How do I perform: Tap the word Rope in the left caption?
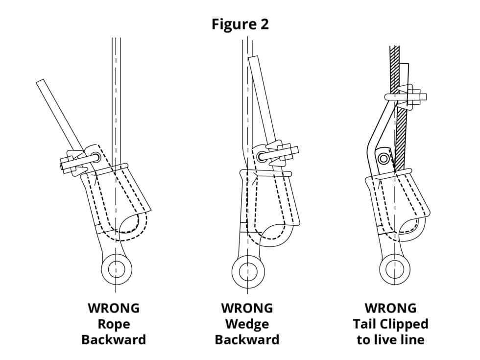click(x=114, y=324)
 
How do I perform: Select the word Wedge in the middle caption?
click(x=247, y=324)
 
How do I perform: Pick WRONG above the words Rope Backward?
click(x=114, y=308)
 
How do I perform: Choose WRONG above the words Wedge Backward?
click(x=247, y=308)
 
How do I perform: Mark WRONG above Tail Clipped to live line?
click(x=390, y=308)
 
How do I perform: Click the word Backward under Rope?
click(x=114, y=339)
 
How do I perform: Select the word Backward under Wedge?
click(x=247, y=339)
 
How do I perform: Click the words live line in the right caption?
click(x=404, y=339)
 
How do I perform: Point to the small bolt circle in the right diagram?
click(x=384, y=158)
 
